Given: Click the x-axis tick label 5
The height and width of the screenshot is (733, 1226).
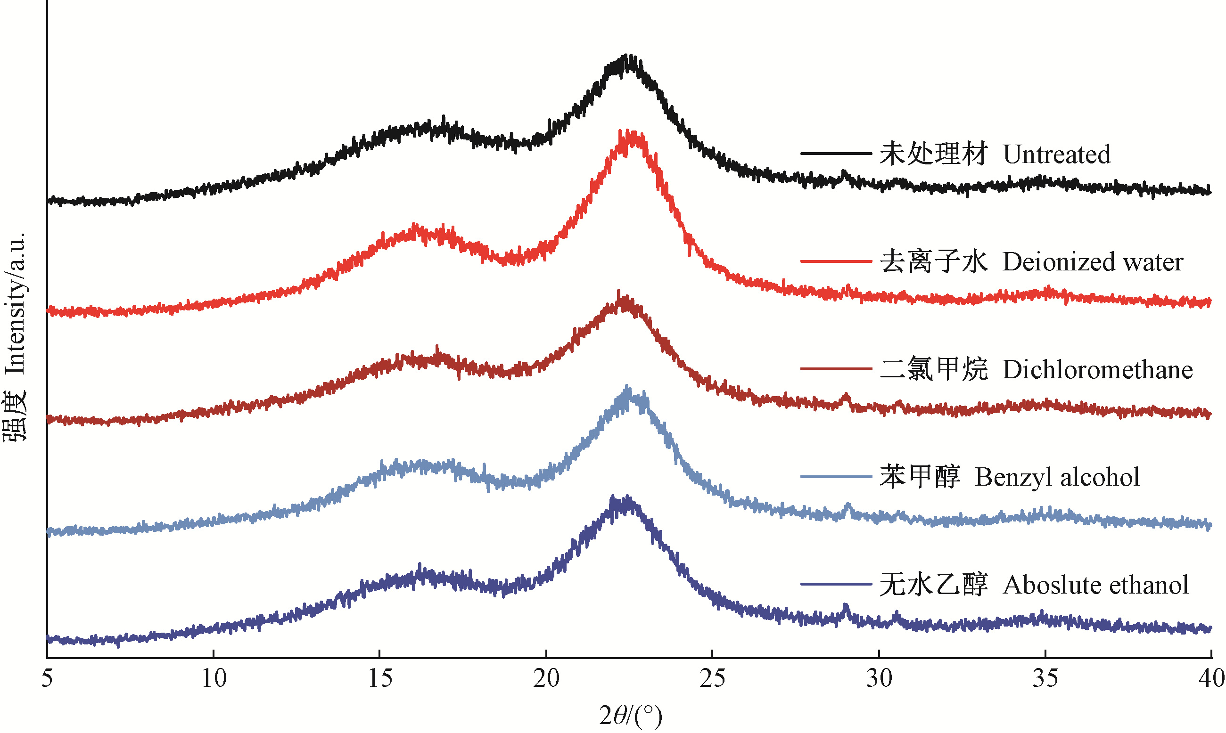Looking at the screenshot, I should tap(47, 679).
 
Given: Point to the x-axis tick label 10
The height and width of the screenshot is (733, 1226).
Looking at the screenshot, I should tap(214, 679).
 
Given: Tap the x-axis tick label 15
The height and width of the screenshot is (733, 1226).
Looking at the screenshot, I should tap(380, 679).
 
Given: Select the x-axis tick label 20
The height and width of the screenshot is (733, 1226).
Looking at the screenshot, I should tap(546, 679).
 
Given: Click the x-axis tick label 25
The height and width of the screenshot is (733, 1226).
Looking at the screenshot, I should tap(712, 679).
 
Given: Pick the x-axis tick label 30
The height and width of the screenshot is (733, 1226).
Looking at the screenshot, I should tap(879, 679).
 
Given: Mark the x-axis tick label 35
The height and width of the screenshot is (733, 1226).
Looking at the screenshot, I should tap(1045, 679).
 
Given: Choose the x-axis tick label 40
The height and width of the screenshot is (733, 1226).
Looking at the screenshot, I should tap(1211, 679).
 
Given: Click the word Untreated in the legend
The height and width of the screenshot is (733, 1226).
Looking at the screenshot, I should tap(1056, 154).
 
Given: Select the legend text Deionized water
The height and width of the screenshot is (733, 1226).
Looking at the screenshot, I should tap(1093, 262).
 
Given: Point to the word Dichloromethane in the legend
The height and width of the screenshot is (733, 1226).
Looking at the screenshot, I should tap(1097, 369).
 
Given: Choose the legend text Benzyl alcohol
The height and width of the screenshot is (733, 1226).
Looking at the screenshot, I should tap(1057, 477).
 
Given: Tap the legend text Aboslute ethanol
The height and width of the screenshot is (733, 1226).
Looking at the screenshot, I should tap(1095, 585).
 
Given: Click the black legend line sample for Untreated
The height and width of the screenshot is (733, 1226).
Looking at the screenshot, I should tap(836, 154).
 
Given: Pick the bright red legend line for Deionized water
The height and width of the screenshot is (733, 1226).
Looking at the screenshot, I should tap(836, 261).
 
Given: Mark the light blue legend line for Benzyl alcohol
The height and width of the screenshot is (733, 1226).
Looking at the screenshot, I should tap(836, 477).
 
